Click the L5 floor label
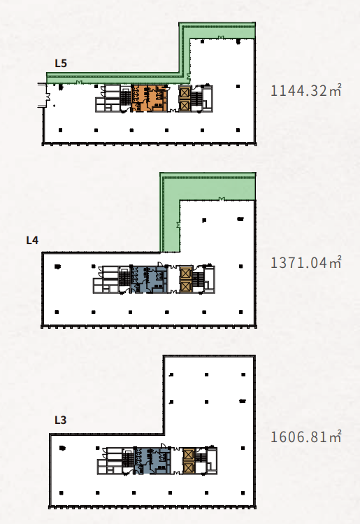pos(61,63)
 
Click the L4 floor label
pos(32,240)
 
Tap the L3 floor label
pos(60,420)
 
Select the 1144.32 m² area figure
pos(305,91)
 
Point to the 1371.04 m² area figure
pos(305,262)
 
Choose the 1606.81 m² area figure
pos(305,437)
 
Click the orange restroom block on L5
pos(150,99)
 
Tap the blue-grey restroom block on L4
pos(150,280)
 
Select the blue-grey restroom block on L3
pos(153,461)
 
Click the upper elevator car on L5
pos(185,92)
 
